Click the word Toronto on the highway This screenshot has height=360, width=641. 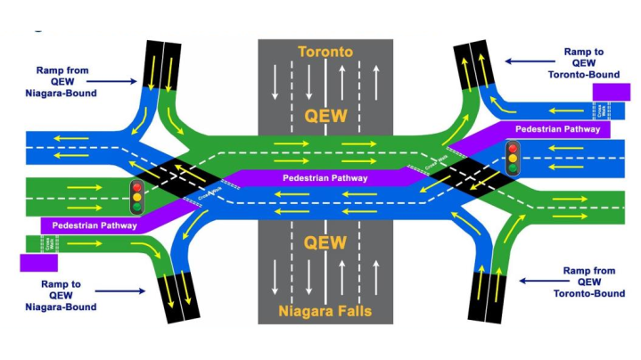[325, 52]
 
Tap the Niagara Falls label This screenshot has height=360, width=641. [325, 311]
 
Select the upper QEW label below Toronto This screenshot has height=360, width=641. [325, 116]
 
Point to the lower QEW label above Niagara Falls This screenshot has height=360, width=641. [325, 244]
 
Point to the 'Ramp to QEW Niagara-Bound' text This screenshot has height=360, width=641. [68, 295]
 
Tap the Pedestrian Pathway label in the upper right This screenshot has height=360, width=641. [556, 130]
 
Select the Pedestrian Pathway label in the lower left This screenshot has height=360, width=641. [88, 225]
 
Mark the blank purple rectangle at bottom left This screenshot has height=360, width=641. [38, 262]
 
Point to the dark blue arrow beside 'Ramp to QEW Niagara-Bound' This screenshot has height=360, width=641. [123, 290]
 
